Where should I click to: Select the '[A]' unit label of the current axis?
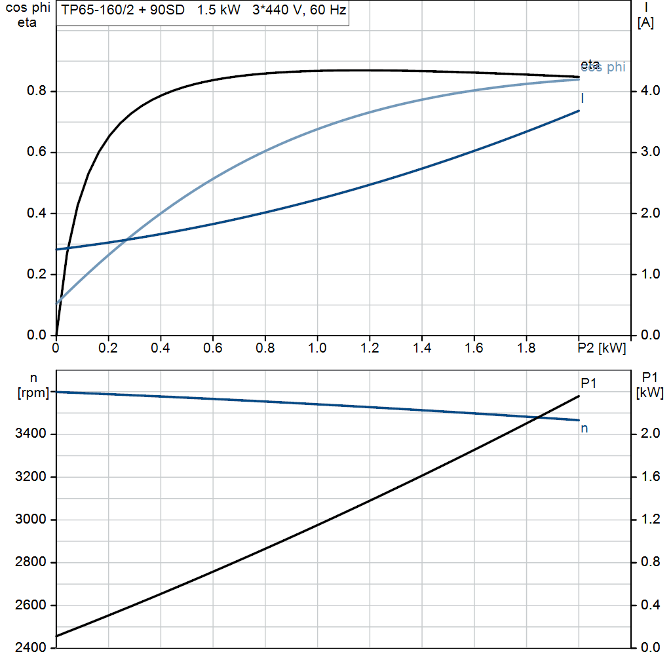pyautogui.click(x=645, y=23)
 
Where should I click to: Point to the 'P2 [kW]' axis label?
pyautogui.click(x=601, y=349)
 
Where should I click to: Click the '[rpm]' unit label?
pyautogui.click(x=31, y=392)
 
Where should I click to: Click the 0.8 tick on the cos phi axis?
pyautogui.click(x=35, y=91)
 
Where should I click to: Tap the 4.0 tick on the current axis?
pyautogui.click(x=651, y=91)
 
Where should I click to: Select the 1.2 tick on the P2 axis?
pyautogui.click(x=370, y=349)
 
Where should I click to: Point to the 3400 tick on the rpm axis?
pyautogui.click(x=31, y=434)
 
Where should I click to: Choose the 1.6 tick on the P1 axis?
pyautogui.click(x=651, y=476)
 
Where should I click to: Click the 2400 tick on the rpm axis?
pyautogui.click(x=31, y=647)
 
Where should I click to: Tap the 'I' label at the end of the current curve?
pyautogui.click(x=583, y=98)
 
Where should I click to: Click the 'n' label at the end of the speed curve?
pyautogui.click(x=584, y=429)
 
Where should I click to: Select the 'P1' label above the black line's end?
pyautogui.click(x=588, y=383)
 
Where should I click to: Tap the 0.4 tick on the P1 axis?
pyautogui.click(x=651, y=605)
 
